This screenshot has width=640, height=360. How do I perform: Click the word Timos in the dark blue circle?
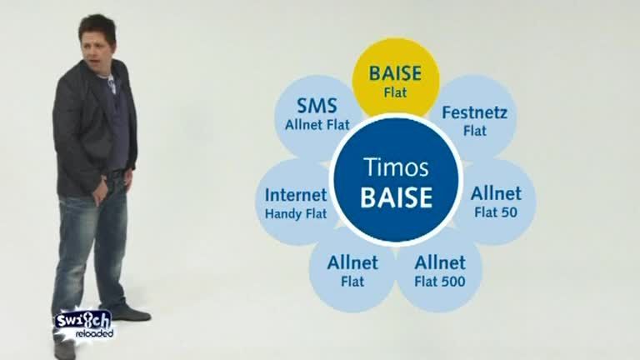click(396, 167)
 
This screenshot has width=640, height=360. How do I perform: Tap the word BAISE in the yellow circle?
click(395, 73)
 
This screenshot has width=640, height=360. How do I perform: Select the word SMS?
click(317, 106)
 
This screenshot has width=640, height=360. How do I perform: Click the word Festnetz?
click(474, 112)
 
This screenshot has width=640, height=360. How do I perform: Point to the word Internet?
click(296, 195)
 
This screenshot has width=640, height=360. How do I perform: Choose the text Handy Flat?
click(296, 213)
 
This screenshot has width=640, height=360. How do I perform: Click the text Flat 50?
click(496, 212)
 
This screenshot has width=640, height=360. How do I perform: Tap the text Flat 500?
click(440, 282)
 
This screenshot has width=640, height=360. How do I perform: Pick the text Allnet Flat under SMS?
click(317, 125)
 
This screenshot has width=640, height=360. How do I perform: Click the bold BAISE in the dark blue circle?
click(396, 197)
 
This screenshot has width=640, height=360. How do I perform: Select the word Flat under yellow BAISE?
click(395, 92)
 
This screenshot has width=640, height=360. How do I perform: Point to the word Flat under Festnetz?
click(475, 131)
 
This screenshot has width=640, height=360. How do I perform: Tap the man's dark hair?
click(97, 27)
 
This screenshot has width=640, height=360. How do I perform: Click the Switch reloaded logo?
click(84, 324)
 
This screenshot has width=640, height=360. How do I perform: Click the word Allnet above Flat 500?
click(440, 262)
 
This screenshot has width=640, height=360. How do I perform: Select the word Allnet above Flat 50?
click(496, 193)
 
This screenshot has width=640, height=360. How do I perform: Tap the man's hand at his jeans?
click(100, 192)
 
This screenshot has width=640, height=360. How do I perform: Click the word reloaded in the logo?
click(94, 333)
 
